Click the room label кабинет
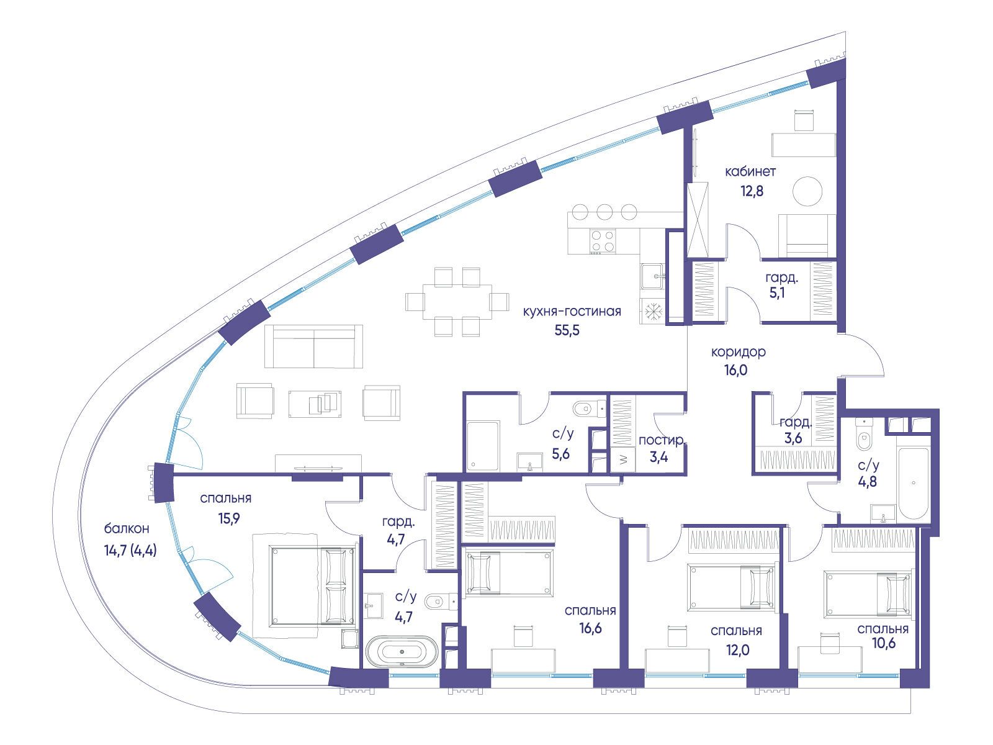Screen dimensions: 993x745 click(750, 172)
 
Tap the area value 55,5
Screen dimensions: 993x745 click(567, 331)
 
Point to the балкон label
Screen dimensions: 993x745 click(127, 528)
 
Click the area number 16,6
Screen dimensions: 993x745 click(590, 628)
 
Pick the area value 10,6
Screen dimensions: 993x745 click(884, 643)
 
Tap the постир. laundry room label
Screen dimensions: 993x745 click(662, 440)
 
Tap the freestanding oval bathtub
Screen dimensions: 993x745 click(402, 652)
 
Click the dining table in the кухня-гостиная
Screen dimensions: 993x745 click(457, 302)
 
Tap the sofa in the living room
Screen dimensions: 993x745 click(313, 346)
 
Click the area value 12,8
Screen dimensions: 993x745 click(752, 191)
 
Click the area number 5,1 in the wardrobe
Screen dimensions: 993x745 click(777, 292)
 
